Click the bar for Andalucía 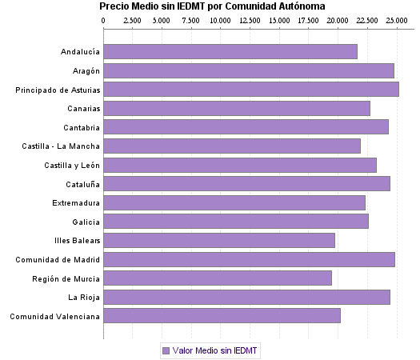click(230, 52)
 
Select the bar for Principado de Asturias click(251, 90)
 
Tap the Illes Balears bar click(219, 240)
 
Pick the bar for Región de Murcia click(218, 278)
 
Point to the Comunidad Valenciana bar click(222, 316)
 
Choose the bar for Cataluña click(247, 184)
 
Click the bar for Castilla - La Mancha click(232, 146)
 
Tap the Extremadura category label click(75, 203)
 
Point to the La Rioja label click(84, 298)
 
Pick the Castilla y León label click(72, 166)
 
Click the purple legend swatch click(166, 350)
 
